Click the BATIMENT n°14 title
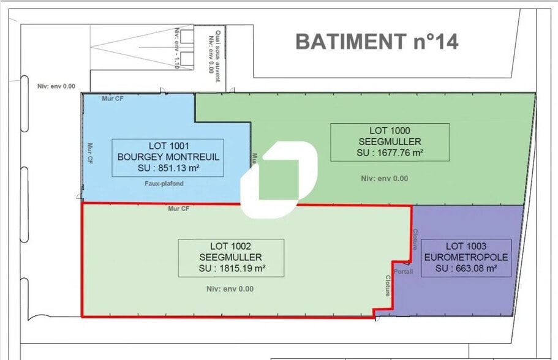pos(377,42)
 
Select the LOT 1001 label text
pos(168,146)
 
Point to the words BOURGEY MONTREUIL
pos(168,157)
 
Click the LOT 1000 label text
pos(390,130)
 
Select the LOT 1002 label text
pos(231,246)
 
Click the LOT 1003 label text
pos(466,246)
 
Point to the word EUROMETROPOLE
pos(466,257)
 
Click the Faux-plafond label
pos(164,183)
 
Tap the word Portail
pos(404,271)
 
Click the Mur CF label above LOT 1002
pos(179,209)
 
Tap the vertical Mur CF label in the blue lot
pos(89,153)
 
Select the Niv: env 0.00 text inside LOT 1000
pos(384,179)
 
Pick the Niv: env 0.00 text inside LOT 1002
pos(230,289)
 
